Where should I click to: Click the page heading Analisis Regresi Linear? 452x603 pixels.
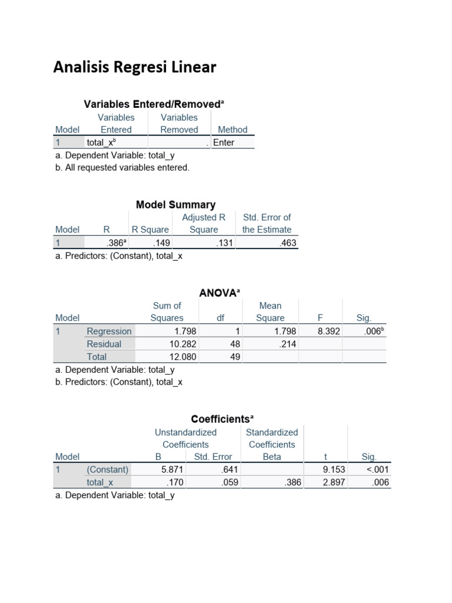(135, 68)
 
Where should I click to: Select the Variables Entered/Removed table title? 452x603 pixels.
(154, 104)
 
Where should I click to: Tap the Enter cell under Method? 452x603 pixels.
(224, 143)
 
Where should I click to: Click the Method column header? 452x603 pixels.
(232, 130)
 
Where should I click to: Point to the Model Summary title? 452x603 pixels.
(175, 205)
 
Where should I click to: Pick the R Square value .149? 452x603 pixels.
(161, 243)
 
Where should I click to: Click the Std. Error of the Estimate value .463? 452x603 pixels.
(288, 243)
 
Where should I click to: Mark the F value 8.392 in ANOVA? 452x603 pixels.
(329, 332)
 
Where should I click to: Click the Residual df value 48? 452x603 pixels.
(235, 344)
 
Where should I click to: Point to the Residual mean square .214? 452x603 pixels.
(288, 344)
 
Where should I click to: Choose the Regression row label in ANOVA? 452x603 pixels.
(109, 332)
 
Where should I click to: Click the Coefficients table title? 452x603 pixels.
(222, 419)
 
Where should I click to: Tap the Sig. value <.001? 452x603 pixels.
(377, 470)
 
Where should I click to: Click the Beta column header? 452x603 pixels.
(272, 457)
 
